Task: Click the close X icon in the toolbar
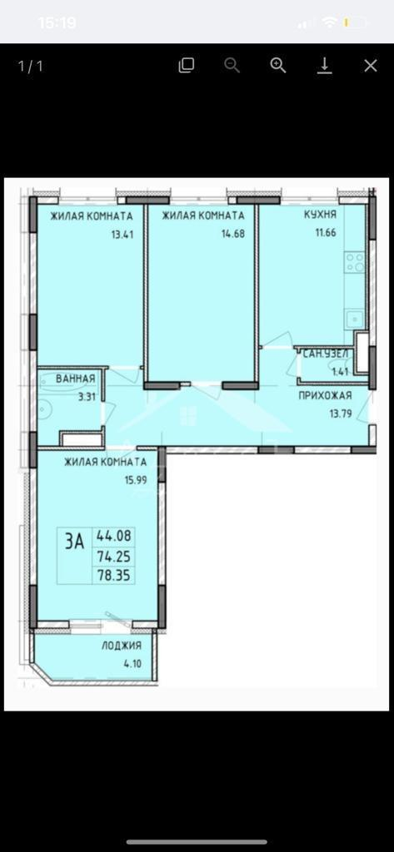[371, 67]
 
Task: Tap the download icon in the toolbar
[325, 67]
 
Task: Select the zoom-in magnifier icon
[278, 67]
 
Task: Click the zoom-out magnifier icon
[232, 67]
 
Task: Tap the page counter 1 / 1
[31, 67]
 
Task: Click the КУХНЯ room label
[320, 215]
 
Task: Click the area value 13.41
[122, 235]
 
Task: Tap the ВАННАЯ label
[76, 379]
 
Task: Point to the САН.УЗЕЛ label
[326, 354]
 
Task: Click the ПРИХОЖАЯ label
[325, 395]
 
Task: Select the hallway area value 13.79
[341, 413]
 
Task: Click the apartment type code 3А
[75, 542]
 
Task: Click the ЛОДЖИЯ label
[122, 646]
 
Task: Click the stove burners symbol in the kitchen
[356, 263]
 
